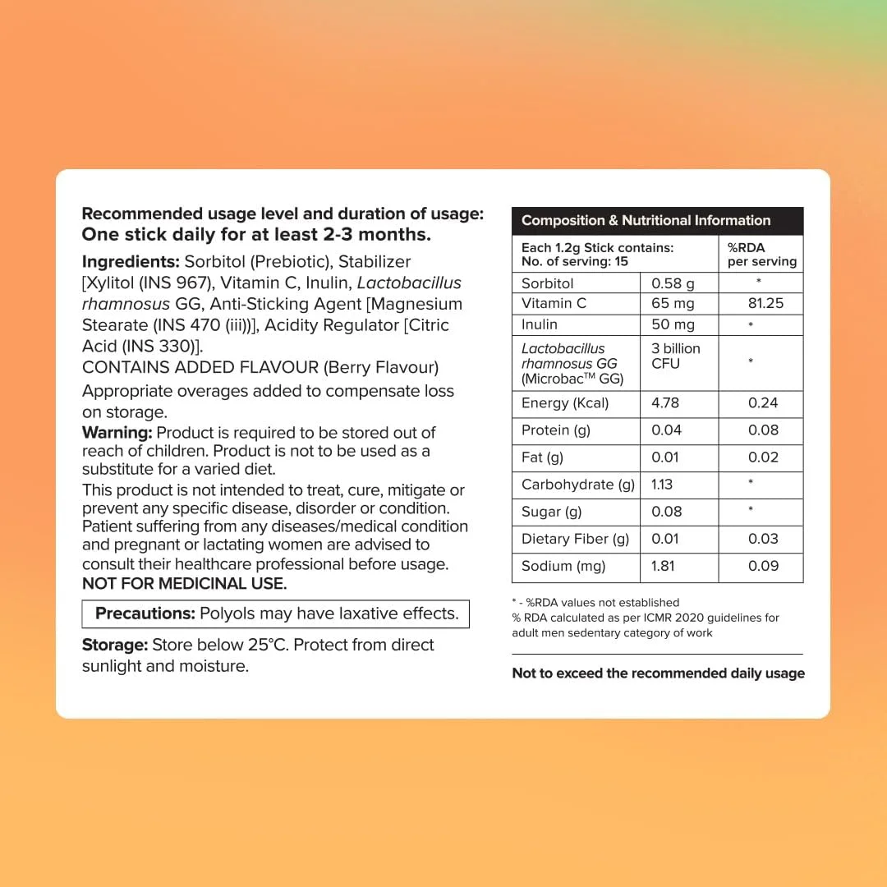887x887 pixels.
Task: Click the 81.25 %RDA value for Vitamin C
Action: click(765, 303)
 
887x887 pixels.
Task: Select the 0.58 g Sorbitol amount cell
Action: click(673, 283)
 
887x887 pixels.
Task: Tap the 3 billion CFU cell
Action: click(676, 356)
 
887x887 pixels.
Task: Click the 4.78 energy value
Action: click(666, 403)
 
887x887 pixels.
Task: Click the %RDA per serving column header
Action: click(761, 255)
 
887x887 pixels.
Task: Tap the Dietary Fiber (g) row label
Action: click(575, 539)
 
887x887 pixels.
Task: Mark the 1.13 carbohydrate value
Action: click(662, 485)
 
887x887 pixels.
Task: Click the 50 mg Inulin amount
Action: click(673, 324)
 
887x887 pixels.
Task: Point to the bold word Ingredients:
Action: click(131, 262)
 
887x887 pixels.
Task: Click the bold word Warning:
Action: click(117, 433)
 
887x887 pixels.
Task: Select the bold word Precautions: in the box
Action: click(145, 614)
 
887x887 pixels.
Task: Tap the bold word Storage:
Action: click(115, 645)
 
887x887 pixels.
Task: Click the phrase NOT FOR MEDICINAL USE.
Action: click(184, 584)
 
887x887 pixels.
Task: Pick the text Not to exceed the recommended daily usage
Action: click(658, 673)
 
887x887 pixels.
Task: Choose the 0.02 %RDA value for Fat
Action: click(763, 457)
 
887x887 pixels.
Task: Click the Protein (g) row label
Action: click(556, 430)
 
